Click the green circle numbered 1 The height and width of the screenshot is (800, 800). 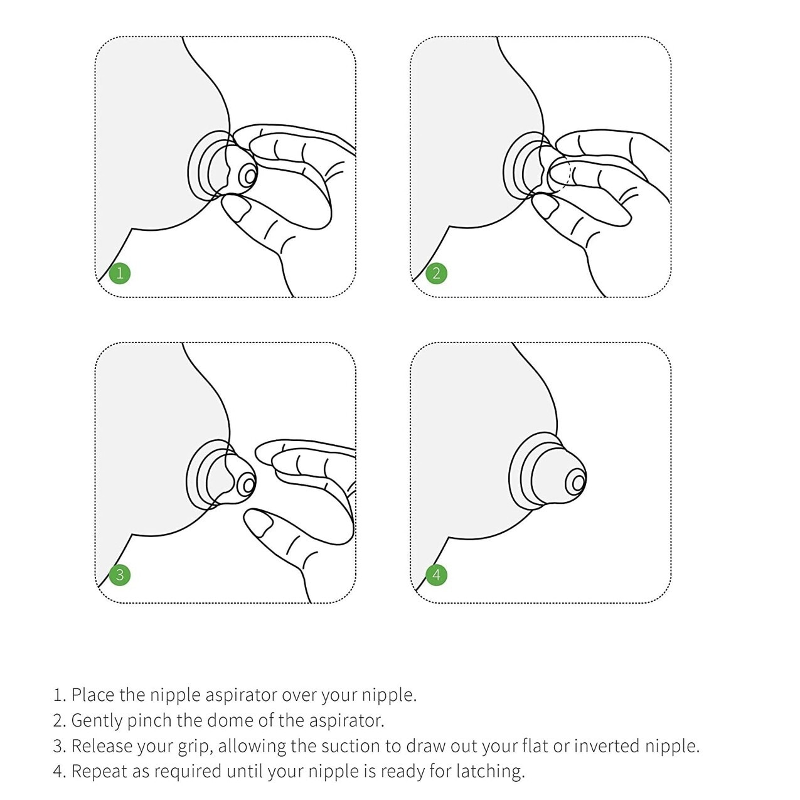click(120, 273)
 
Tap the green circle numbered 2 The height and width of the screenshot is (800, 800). click(436, 273)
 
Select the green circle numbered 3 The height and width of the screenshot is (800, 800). click(120, 574)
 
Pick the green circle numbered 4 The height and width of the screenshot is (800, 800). click(436, 574)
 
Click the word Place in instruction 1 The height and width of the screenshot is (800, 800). click(93, 695)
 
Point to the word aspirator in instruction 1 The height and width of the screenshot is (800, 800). click(242, 695)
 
